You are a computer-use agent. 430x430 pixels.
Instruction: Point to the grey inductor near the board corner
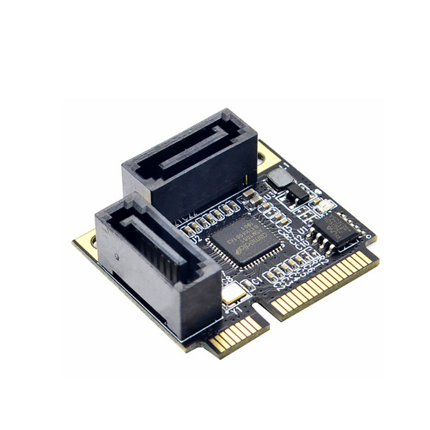point(277,177)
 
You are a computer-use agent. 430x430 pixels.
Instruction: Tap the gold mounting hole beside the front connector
point(86,243)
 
